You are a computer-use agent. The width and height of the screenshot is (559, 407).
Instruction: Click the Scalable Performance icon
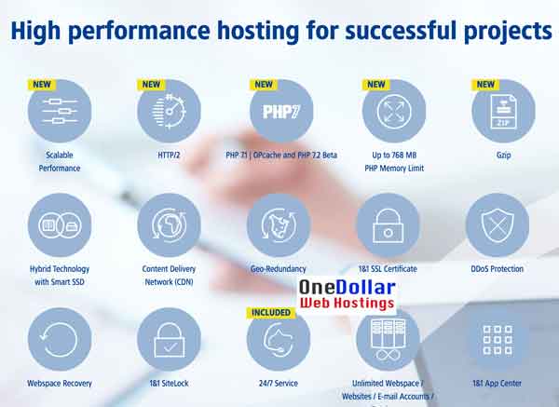60,111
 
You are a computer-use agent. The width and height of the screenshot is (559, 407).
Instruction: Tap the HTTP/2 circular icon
169,111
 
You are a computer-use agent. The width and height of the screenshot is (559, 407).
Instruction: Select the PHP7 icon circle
279,111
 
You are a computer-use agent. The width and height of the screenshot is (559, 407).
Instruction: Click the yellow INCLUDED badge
271,312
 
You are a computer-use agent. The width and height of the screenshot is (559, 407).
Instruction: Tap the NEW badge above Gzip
485,84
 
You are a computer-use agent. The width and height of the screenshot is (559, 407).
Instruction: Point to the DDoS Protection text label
498,269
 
